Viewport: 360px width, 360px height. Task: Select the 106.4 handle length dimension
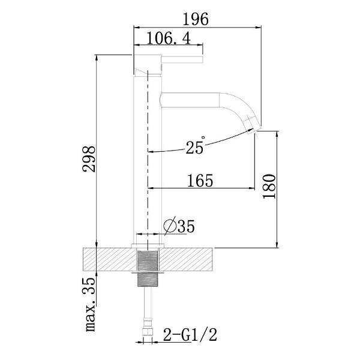click(x=169, y=38)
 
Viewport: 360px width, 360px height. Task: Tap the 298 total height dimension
click(x=89, y=159)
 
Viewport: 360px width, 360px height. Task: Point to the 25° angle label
click(x=195, y=146)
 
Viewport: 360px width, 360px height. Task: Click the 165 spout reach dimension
click(x=200, y=181)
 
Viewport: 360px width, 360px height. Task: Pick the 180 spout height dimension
click(x=269, y=186)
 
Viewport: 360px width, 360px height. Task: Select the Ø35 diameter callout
click(x=179, y=226)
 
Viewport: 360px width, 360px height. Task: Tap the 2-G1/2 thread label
click(x=190, y=335)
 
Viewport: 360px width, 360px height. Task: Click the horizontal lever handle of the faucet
click(x=182, y=59)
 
